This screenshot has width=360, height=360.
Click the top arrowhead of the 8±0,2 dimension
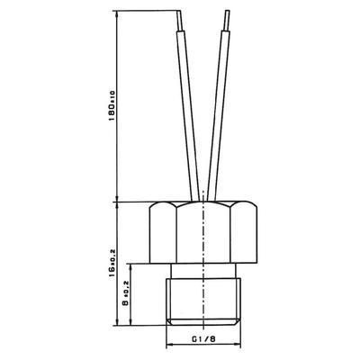(134, 267)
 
